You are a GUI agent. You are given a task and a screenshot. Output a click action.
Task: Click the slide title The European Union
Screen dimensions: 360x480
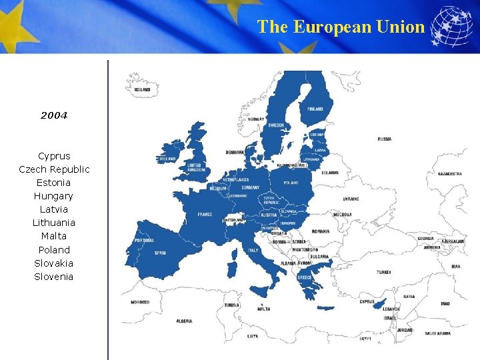341,27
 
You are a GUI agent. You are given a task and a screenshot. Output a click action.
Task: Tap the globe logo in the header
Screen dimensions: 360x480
451,27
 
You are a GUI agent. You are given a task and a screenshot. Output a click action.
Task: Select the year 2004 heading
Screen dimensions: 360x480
54,115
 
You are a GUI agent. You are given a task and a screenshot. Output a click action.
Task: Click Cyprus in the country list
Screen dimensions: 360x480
54,156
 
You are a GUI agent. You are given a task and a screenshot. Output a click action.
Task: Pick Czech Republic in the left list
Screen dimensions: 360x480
54,169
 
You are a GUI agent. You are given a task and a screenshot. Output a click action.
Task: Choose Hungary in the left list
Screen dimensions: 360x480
54,196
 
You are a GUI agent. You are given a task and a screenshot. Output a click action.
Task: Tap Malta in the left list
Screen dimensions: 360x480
54,236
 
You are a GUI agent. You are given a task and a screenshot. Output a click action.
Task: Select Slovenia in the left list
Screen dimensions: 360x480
54,277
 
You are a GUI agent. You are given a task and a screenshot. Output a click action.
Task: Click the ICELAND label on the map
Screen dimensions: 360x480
142,89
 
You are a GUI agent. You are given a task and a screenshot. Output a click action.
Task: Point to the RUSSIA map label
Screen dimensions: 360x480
385,139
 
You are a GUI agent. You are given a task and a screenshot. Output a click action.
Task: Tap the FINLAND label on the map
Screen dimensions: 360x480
315,109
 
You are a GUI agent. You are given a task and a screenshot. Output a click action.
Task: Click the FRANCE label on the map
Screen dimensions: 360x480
205,215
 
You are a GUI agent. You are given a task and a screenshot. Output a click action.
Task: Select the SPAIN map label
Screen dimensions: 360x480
160,253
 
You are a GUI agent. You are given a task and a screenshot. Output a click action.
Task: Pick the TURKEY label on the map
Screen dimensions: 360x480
383,272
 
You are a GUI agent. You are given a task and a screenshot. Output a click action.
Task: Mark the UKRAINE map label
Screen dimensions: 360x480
351,199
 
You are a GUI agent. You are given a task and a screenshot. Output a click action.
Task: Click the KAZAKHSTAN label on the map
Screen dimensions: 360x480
449,174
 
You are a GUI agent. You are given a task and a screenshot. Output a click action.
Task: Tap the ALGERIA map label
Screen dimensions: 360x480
185,321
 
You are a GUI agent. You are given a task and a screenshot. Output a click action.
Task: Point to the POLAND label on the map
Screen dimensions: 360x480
291,183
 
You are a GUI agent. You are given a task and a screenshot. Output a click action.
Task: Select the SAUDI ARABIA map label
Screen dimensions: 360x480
438,333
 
